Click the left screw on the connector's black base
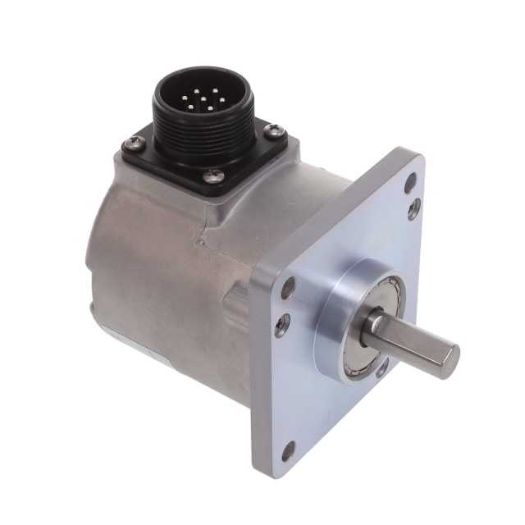pos(130,144)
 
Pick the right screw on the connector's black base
pos(273,130)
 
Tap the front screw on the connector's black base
pos(214,175)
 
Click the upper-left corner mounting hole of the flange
pos(288,290)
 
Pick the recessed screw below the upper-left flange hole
pos(282,324)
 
